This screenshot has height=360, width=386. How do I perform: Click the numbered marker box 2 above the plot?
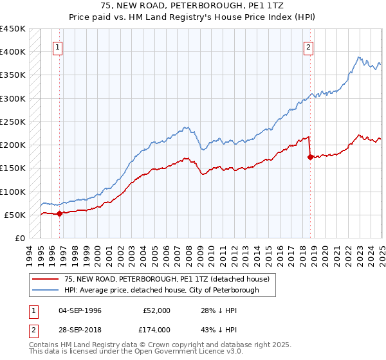tap(309, 47)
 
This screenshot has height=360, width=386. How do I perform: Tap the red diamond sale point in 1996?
tap(59, 214)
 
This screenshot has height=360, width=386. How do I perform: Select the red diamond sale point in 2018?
tap(310, 157)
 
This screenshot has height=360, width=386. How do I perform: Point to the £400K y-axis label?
tap(13, 52)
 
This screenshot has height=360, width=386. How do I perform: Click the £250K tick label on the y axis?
tap(13, 122)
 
